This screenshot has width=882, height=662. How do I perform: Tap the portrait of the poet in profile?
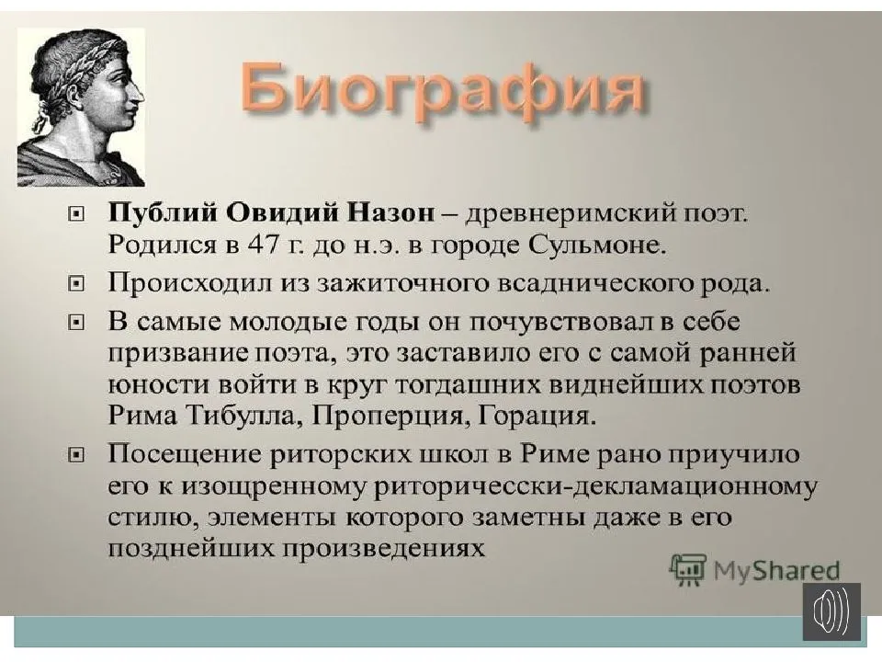81,106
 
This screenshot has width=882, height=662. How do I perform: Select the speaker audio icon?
831,611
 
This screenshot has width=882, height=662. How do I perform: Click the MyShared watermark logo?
755,569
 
